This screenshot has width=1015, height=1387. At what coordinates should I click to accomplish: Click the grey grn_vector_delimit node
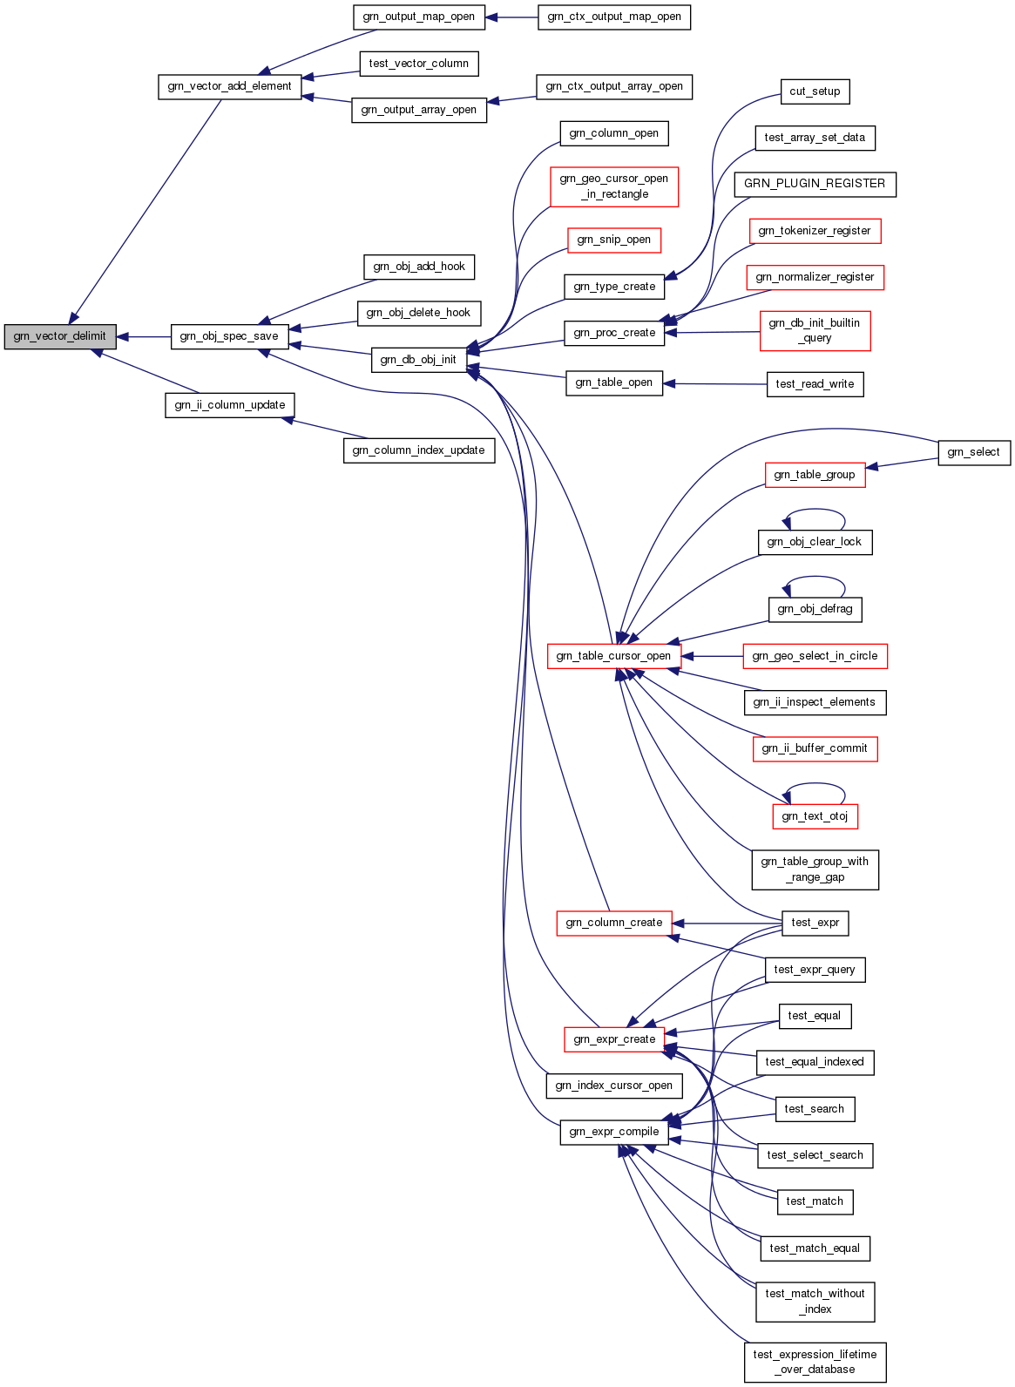coord(60,336)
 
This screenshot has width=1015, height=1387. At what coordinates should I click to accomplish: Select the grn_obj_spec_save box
coord(229,336)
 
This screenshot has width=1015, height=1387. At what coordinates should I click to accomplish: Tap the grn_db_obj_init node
coord(418,360)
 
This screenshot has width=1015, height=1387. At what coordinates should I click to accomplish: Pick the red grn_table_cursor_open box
coord(613,656)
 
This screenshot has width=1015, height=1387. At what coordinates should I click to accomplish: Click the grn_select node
coord(973,452)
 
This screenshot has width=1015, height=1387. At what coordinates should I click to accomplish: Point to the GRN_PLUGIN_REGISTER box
coord(815,184)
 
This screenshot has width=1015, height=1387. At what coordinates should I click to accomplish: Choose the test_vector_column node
coord(418,64)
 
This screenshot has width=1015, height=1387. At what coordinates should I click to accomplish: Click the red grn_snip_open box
coord(613,240)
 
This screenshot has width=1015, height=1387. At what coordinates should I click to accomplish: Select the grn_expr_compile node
coord(613,1132)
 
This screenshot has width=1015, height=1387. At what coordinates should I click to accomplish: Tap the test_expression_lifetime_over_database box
coord(815,1362)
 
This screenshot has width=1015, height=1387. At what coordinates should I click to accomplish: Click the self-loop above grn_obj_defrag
coord(815,578)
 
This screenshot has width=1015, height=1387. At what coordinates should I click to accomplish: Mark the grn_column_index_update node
coord(418,450)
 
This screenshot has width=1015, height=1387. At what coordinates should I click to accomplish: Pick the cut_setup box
coord(815,91)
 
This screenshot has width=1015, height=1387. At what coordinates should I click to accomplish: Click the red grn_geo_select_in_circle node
coord(815,656)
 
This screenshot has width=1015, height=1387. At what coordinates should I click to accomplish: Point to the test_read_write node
coord(815,384)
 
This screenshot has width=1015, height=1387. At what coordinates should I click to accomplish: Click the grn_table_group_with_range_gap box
coord(815,869)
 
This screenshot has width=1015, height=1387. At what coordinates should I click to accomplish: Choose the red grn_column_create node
coord(613,923)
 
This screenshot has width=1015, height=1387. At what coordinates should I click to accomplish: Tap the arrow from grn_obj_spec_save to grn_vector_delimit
coord(144,336)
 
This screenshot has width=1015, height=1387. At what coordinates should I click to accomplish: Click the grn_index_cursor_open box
coord(613,1086)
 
